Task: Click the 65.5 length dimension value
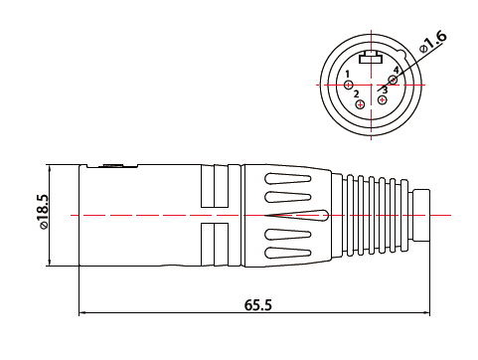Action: [x=258, y=305]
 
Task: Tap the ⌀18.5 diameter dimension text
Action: [x=43, y=211]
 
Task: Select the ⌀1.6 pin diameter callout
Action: [x=433, y=42]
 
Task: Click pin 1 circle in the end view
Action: [x=348, y=85]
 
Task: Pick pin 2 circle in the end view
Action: [x=360, y=104]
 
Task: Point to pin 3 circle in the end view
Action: [x=383, y=99]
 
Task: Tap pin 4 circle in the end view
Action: [x=393, y=80]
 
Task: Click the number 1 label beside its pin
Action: [x=348, y=75]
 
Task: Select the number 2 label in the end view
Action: [x=356, y=94]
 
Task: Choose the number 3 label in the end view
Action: [x=385, y=90]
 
